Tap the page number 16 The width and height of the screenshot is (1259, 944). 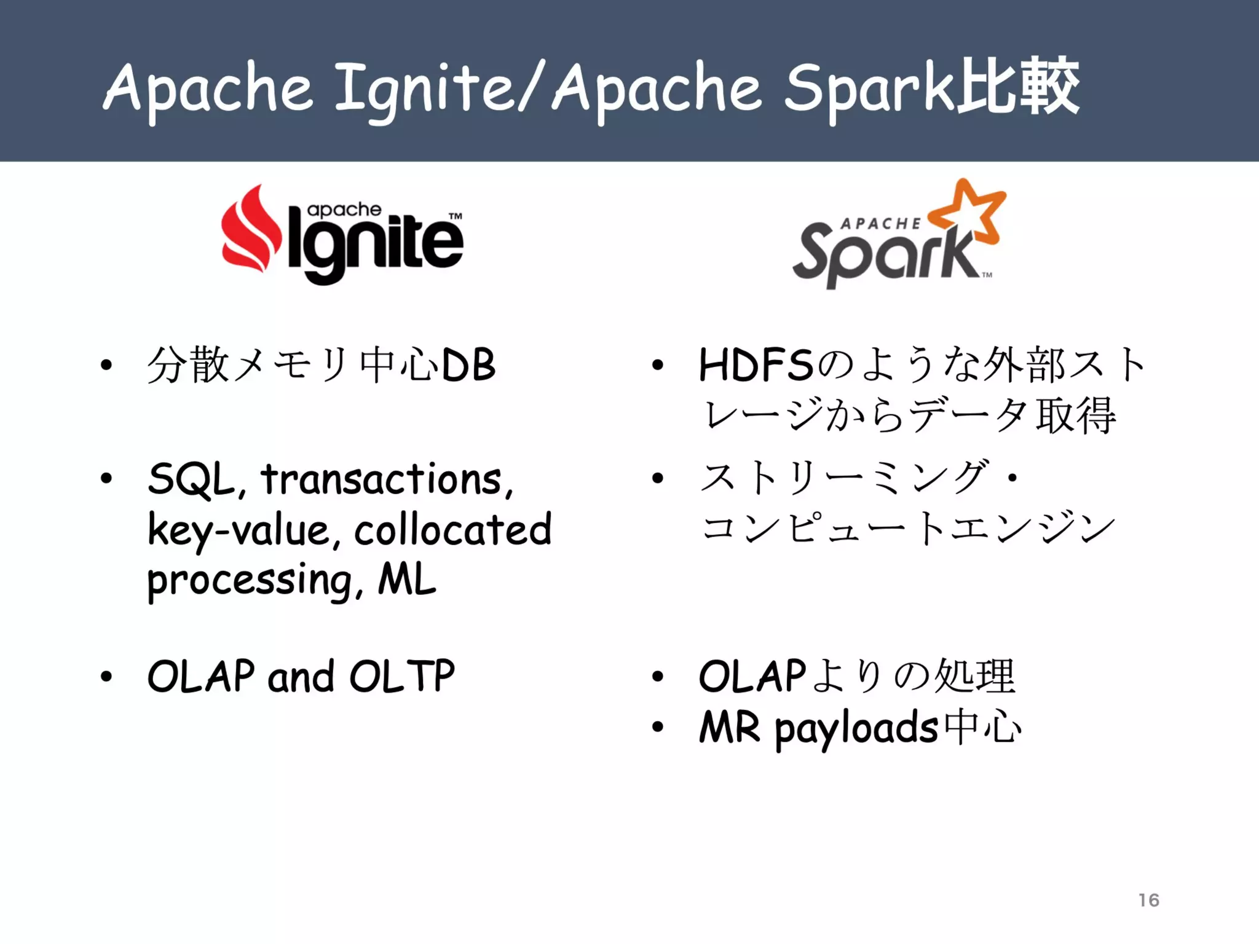click(x=1148, y=900)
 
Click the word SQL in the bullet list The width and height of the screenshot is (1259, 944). click(x=191, y=479)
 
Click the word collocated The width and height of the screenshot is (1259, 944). click(x=452, y=530)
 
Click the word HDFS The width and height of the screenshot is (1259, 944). click(x=756, y=365)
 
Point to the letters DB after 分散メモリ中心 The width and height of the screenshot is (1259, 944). click(x=468, y=365)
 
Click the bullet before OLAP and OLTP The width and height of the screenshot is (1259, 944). click(x=106, y=677)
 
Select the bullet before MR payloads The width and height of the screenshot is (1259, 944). click(x=657, y=728)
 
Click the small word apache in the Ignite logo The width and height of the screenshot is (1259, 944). click(x=344, y=210)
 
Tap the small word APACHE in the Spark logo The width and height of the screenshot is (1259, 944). click(x=880, y=224)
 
